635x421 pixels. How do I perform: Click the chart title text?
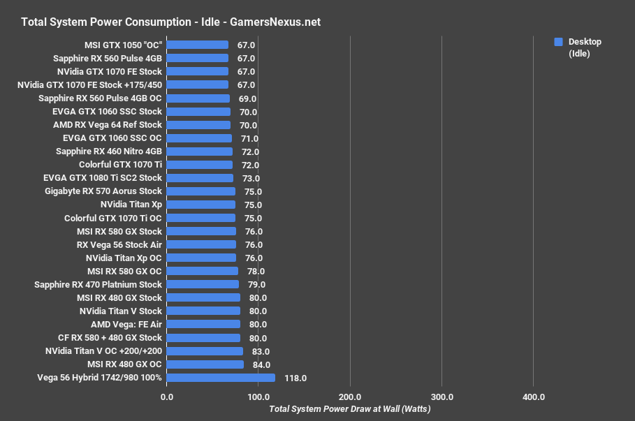click(170, 22)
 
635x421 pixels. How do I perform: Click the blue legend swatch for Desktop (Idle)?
click(558, 42)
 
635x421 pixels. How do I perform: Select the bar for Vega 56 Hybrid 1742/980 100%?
click(221, 378)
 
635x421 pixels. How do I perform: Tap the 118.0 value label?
click(295, 378)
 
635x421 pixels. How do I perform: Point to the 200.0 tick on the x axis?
click(349, 397)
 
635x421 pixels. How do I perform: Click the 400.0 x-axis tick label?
click(533, 397)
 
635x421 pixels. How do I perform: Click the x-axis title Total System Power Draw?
click(349, 409)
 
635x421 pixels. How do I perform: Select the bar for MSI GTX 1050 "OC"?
click(198, 45)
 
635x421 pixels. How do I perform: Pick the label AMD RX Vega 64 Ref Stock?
click(107, 124)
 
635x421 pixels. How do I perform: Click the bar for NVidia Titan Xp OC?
click(202, 258)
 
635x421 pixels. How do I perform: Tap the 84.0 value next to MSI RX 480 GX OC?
click(261, 364)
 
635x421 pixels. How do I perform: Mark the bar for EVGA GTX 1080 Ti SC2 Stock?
click(200, 178)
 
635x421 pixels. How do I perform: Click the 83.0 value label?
click(261, 351)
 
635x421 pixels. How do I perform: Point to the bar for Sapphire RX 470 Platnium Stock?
click(203, 284)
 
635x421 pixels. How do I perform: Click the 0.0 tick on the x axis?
click(167, 397)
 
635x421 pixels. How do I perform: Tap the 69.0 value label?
click(247, 98)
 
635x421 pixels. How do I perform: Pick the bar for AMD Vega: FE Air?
click(203, 324)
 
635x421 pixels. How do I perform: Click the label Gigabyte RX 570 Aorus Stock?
click(103, 191)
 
